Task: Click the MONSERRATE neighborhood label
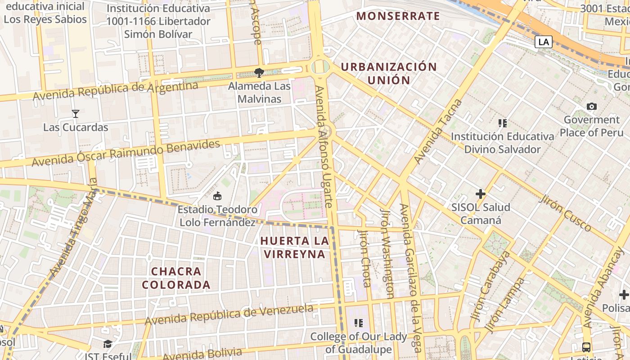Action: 398,16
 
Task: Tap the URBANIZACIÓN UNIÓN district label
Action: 389,74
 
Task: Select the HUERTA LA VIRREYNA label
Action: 294,247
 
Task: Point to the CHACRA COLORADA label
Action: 176,278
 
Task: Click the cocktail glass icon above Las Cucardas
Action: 76,114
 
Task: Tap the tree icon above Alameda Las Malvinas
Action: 259,72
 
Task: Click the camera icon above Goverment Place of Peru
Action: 591,107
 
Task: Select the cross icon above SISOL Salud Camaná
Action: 481,194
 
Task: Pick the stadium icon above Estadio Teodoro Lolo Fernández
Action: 217,196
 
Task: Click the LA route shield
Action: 544,42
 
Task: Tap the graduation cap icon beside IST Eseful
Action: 108,344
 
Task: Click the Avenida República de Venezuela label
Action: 229,315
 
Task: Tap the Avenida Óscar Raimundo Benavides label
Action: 126,153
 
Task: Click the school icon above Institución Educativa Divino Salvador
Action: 503,123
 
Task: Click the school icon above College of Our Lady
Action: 359,323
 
